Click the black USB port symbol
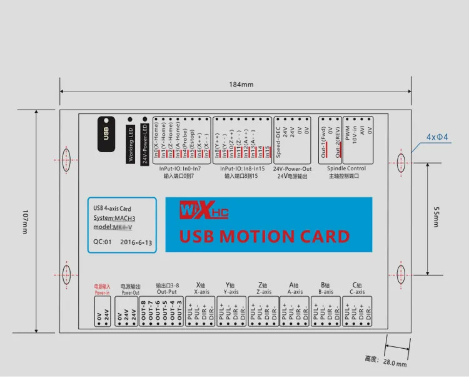tap(106, 133)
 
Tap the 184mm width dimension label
tap(241, 85)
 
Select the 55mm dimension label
tap(436, 217)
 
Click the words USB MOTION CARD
tap(265, 236)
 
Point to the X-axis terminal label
tap(201, 292)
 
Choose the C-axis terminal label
tap(357, 292)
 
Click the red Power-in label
tap(101, 292)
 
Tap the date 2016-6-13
tap(136, 242)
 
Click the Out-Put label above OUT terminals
tap(166, 292)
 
